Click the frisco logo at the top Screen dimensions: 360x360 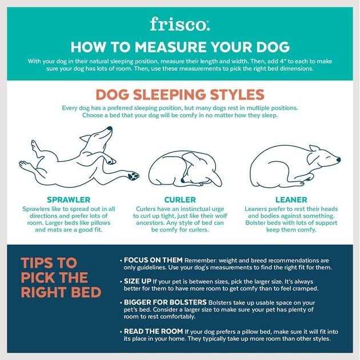pos(179,23)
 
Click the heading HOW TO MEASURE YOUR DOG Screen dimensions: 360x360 pos(179,47)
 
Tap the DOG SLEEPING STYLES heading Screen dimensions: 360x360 pos(179,94)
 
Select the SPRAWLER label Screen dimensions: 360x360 pos(69,199)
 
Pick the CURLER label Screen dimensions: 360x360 pos(180,199)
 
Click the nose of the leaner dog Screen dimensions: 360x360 pos(338,159)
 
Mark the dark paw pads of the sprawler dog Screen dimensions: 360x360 pos(133,174)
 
